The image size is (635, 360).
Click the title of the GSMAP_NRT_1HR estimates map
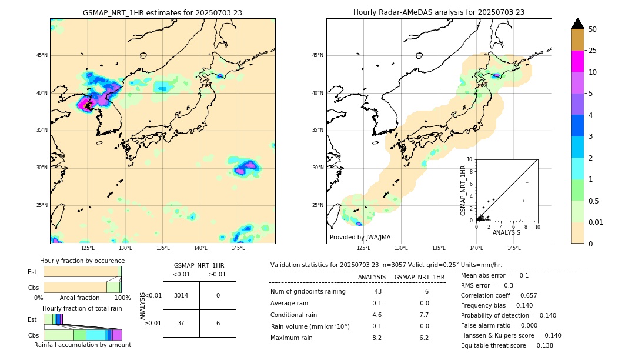(162, 12)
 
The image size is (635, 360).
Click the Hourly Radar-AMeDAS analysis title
(439, 12)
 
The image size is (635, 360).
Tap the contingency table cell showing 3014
(181, 295)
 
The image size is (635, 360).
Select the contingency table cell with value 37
(181, 323)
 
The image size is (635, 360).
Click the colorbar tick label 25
(593, 51)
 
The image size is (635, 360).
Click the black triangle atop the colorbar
(578, 24)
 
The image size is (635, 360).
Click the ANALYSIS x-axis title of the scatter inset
(506, 232)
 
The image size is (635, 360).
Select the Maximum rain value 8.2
(377, 338)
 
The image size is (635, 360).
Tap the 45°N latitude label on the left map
(41, 55)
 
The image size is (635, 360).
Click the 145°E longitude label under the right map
(514, 248)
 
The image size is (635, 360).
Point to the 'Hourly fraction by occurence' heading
(82, 261)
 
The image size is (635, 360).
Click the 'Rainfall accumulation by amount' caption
(82, 345)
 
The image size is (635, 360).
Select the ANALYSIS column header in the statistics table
(372, 277)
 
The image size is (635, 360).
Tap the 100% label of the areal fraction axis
(122, 298)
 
